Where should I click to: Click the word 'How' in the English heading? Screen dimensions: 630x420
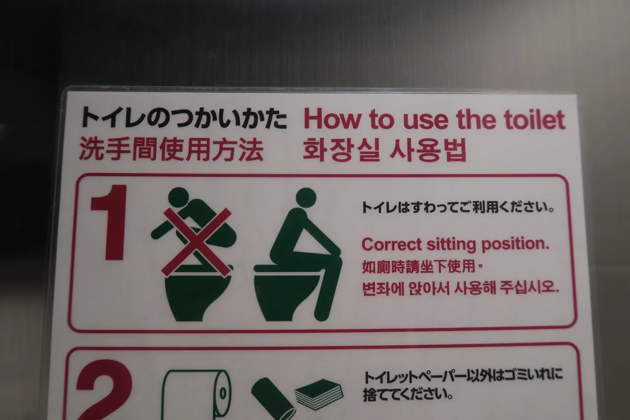(x=332, y=120)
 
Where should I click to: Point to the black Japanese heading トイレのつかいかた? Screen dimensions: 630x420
(x=184, y=117)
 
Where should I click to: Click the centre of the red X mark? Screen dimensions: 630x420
(x=196, y=242)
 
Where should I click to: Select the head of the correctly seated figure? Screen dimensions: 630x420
(x=306, y=198)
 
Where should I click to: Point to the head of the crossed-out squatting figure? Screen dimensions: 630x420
(x=179, y=196)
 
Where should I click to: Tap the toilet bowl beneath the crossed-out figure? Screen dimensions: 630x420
(x=198, y=297)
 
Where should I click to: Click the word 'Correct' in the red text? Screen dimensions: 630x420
(x=392, y=244)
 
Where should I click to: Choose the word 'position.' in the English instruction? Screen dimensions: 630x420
(x=515, y=244)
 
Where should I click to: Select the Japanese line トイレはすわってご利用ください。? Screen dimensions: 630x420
(x=458, y=207)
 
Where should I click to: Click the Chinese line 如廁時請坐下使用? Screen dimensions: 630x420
(x=422, y=267)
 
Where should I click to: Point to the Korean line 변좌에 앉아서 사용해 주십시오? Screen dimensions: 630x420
(x=460, y=288)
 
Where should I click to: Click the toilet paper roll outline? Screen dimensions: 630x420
(x=197, y=394)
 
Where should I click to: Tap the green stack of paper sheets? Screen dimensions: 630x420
(x=319, y=394)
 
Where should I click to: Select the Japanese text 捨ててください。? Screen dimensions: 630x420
(x=408, y=394)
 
